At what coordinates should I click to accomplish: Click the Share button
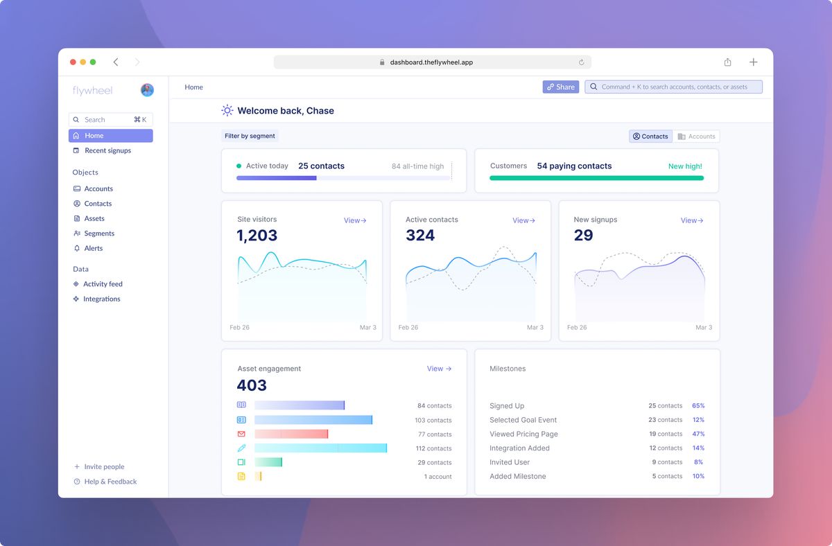click(x=560, y=87)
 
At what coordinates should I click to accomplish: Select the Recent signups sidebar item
click(x=107, y=150)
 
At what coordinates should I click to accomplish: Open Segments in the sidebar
click(x=99, y=234)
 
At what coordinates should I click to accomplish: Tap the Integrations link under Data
click(x=101, y=299)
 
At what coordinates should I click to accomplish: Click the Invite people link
click(x=104, y=467)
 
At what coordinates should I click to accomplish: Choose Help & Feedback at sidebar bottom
click(x=110, y=482)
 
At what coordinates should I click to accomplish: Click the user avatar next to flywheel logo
click(x=147, y=90)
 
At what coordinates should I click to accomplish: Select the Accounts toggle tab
click(x=696, y=136)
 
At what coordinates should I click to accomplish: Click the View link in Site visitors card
click(x=355, y=220)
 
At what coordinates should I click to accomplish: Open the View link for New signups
click(x=692, y=220)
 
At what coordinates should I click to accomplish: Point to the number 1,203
click(x=257, y=236)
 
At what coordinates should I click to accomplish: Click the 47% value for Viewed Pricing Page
click(x=698, y=434)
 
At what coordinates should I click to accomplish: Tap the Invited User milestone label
click(x=510, y=462)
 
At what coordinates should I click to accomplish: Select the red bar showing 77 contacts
click(x=291, y=434)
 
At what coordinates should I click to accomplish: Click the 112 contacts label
click(x=433, y=448)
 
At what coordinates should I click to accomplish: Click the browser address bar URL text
click(x=431, y=62)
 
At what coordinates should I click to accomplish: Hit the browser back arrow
click(x=116, y=62)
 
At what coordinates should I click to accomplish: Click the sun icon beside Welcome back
click(x=227, y=111)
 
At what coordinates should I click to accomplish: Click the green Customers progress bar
click(x=596, y=178)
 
